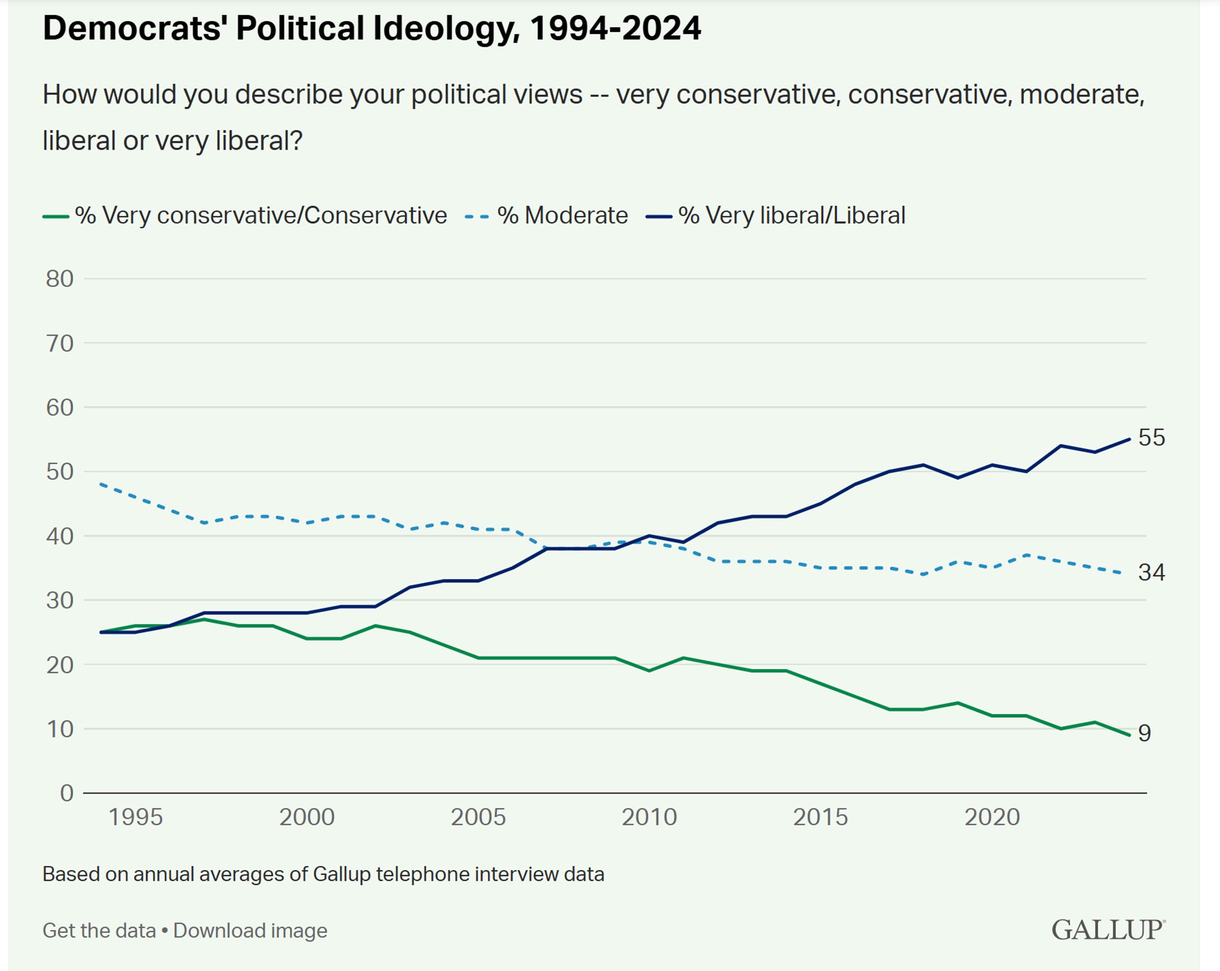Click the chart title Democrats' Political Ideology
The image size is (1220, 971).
coord(372,28)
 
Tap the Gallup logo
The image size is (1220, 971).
coord(1108,930)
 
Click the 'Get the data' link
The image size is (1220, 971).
coord(99,930)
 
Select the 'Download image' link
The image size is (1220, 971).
coord(250,930)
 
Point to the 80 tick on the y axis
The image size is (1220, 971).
coord(60,279)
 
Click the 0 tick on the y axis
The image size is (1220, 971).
coord(67,793)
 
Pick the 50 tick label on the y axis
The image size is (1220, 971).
coord(60,472)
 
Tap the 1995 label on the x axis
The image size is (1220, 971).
coord(135,817)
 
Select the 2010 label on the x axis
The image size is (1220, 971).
coord(649,817)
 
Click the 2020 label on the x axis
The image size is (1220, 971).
coord(992,817)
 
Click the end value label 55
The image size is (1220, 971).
coord(1151,437)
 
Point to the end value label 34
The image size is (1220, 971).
coord(1151,572)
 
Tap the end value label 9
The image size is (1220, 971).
coord(1144,733)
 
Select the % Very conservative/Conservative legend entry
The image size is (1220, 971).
coord(260,216)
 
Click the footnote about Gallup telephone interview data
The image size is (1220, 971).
coord(323,874)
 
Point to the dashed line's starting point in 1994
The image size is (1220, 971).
coord(101,484)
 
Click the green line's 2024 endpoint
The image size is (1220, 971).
coord(1129,735)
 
